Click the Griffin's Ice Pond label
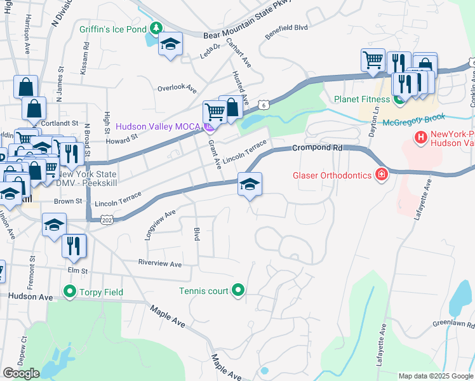pyautogui.click(x=112, y=29)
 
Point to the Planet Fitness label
pyautogui.click(x=362, y=99)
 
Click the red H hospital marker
pyautogui.click(x=420, y=137)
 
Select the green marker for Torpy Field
pyautogui.click(x=69, y=292)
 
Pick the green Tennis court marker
pyautogui.click(x=238, y=291)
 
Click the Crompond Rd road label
pyautogui.click(x=317, y=148)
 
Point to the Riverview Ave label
pyautogui.click(x=160, y=264)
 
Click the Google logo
pyautogui.click(x=21, y=373)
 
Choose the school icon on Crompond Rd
pyautogui.click(x=250, y=185)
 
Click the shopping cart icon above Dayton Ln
pyautogui.click(x=373, y=61)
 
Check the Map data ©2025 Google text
pyautogui.click(x=435, y=375)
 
